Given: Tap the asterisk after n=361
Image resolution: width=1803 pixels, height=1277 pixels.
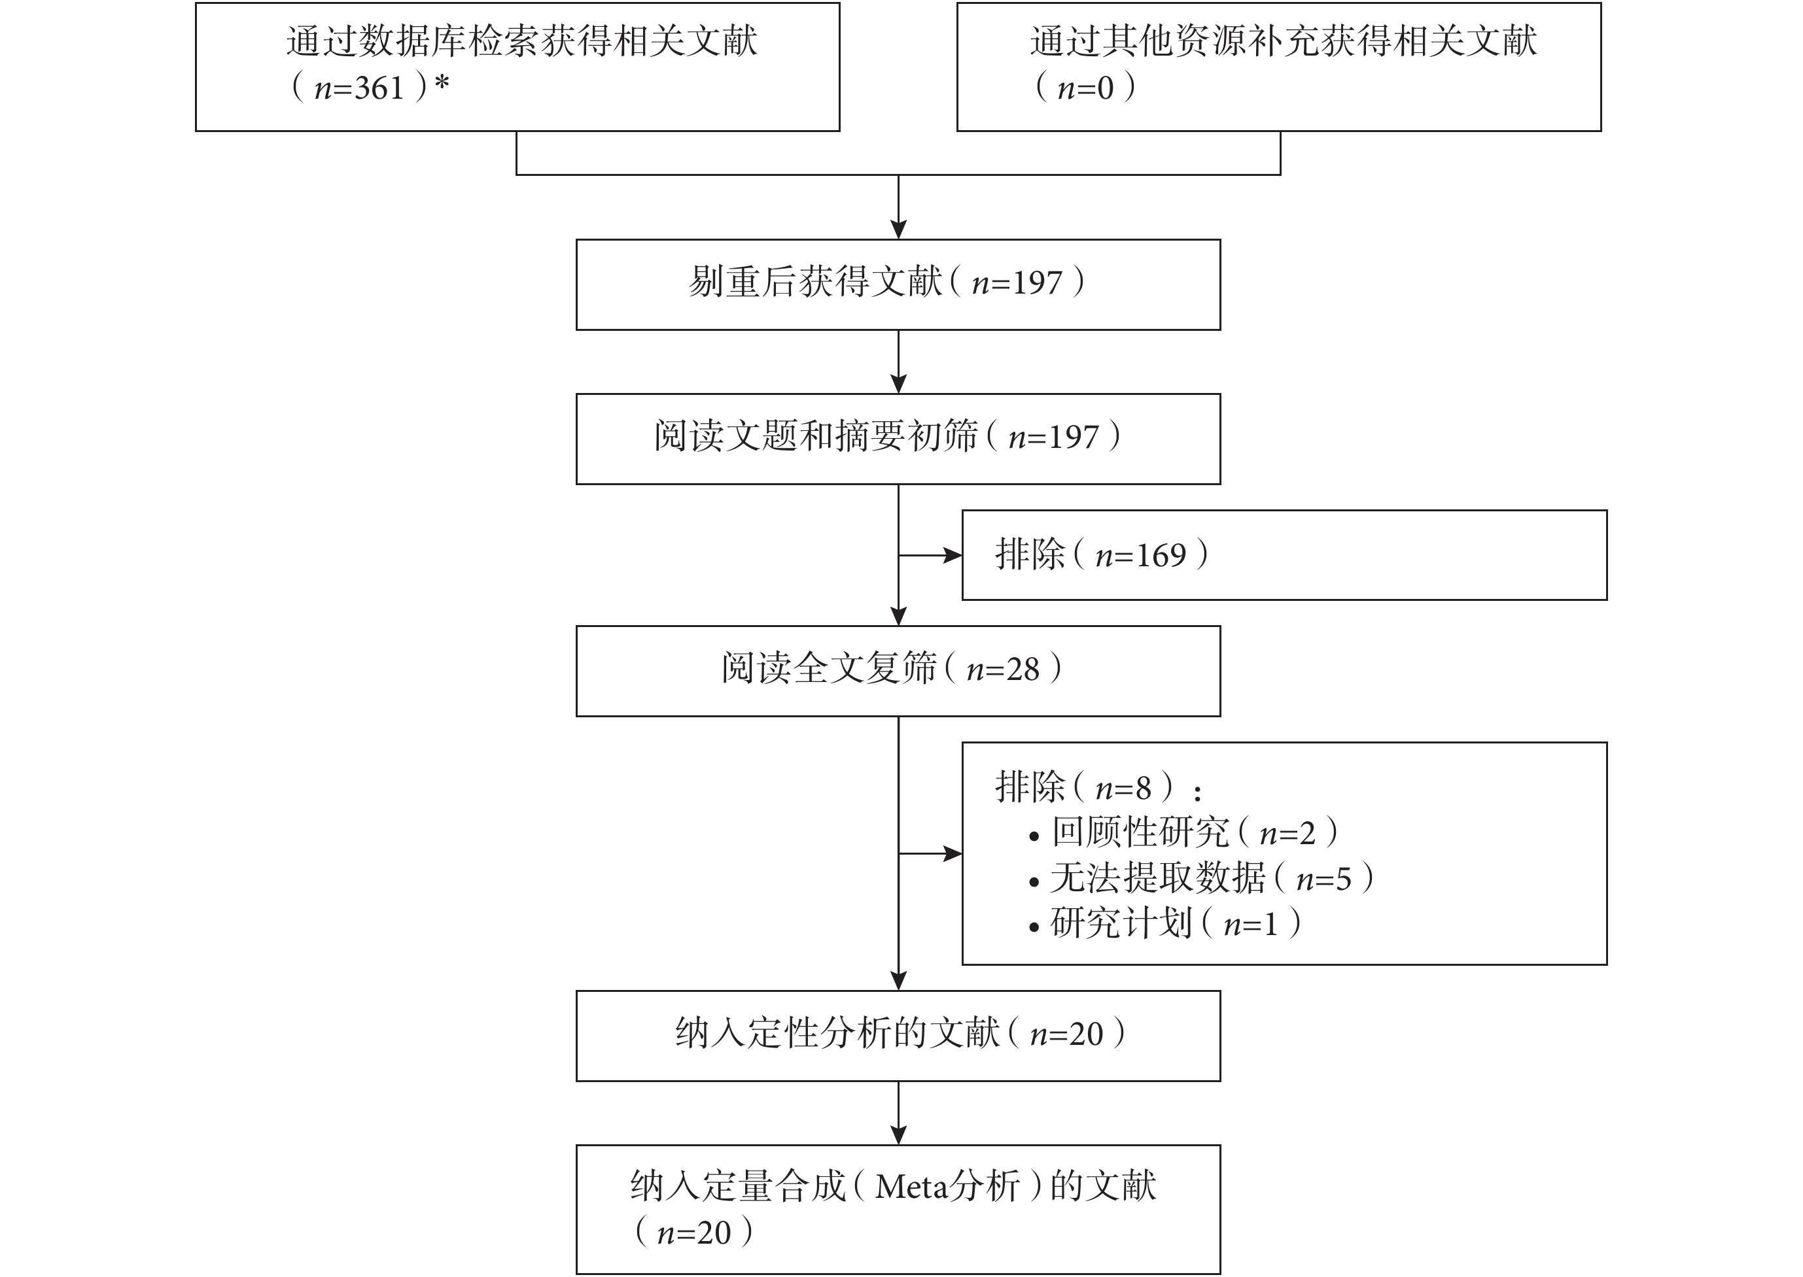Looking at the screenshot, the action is [x=442, y=82].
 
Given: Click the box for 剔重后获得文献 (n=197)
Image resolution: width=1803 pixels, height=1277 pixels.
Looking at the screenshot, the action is [x=898, y=284].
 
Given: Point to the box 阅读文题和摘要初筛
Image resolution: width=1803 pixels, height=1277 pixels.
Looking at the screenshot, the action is [x=898, y=439].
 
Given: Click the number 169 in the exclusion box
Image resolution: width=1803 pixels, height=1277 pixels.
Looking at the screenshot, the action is [x=1161, y=556].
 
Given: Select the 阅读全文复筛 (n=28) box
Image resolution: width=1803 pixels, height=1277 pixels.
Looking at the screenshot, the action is [x=898, y=671].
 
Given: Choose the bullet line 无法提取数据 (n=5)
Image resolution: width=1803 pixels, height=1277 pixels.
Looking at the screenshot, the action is [x=1201, y=878].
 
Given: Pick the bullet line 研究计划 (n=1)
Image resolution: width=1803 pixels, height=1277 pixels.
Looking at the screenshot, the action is [x=1165, y=924].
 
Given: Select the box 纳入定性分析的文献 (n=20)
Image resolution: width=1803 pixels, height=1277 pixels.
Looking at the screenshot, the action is [x=898, y=1036].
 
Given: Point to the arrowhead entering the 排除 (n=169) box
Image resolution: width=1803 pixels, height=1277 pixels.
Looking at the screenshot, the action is [x=952, y=556].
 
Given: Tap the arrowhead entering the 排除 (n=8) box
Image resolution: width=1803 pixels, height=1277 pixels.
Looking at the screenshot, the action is [x=952, y=854].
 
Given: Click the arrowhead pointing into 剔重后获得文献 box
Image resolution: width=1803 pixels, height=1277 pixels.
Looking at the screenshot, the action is [x=898, y=229].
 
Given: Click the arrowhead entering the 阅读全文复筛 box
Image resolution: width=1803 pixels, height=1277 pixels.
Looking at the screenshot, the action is [x=898, y=616].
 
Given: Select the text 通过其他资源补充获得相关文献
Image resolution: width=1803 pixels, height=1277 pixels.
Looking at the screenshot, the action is [x=1284, y=42].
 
